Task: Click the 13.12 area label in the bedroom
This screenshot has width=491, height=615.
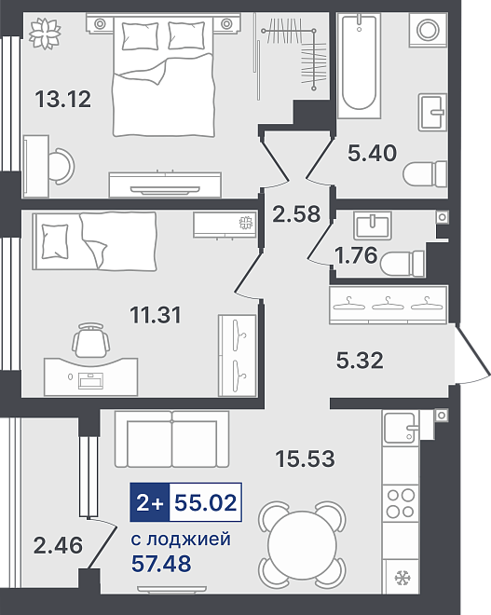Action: tap(63, 99)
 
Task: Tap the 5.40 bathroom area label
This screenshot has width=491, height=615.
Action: tap(372, 153)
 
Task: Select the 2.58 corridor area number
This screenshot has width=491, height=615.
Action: tap(296, 214)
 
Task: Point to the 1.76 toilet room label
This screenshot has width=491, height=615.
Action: tap(356, 255)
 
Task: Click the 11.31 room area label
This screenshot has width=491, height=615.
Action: tap(156, 315)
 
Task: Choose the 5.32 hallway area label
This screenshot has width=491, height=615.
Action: tap(360, 360)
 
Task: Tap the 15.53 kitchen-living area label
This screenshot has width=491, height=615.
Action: tap(305, 458)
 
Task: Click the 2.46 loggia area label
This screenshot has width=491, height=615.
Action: tap(59, 545)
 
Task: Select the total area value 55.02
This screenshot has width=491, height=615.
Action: tap(206, 502)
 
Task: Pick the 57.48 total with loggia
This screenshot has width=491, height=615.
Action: tap(161, 563)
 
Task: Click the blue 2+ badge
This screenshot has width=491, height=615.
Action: tap(150, 502)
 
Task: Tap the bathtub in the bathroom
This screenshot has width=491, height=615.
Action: tap(359, 65)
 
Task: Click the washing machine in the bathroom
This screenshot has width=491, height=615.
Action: tap(428, 30)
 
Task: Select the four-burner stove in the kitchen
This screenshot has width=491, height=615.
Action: tap(401, 503)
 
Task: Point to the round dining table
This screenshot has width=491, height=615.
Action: tap(302, 544)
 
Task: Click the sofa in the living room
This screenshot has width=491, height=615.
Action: tap(171, 439)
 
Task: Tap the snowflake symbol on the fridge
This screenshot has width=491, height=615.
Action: tap(402, 578)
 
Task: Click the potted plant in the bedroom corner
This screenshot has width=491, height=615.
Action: tap(45, 33)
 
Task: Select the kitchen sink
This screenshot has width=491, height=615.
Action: tap(401, 428)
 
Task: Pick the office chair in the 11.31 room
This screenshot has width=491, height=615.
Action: tap(90, 340)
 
